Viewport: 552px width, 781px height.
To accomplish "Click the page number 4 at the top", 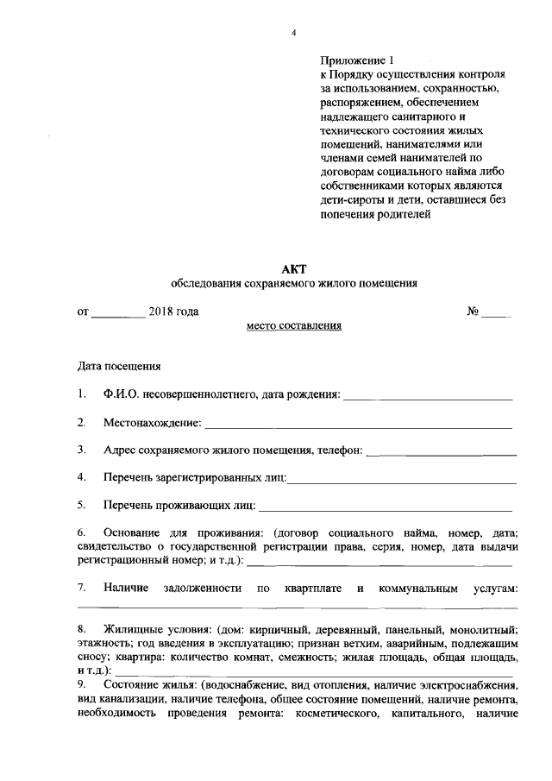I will [x=293, y=33].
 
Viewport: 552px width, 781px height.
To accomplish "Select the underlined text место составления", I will [x=294, y=326].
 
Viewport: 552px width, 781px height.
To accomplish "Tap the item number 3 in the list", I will [x=81, y=450].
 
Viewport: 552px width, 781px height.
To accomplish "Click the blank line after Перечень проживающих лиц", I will [x=385, y=508].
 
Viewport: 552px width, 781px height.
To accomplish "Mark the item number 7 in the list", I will [x=81, y=589].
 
